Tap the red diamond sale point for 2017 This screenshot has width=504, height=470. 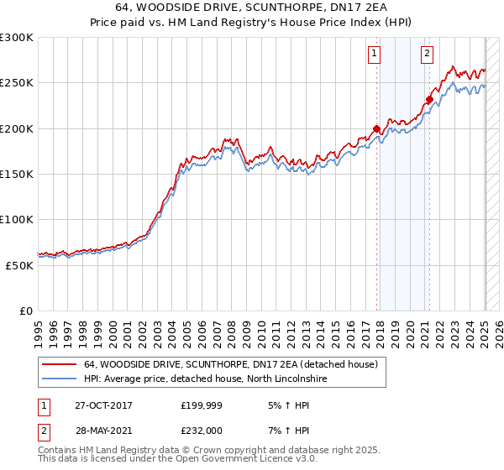[377, 129]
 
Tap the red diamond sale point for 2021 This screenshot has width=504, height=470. [429, 100]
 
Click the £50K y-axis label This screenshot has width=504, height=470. [19, 264]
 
